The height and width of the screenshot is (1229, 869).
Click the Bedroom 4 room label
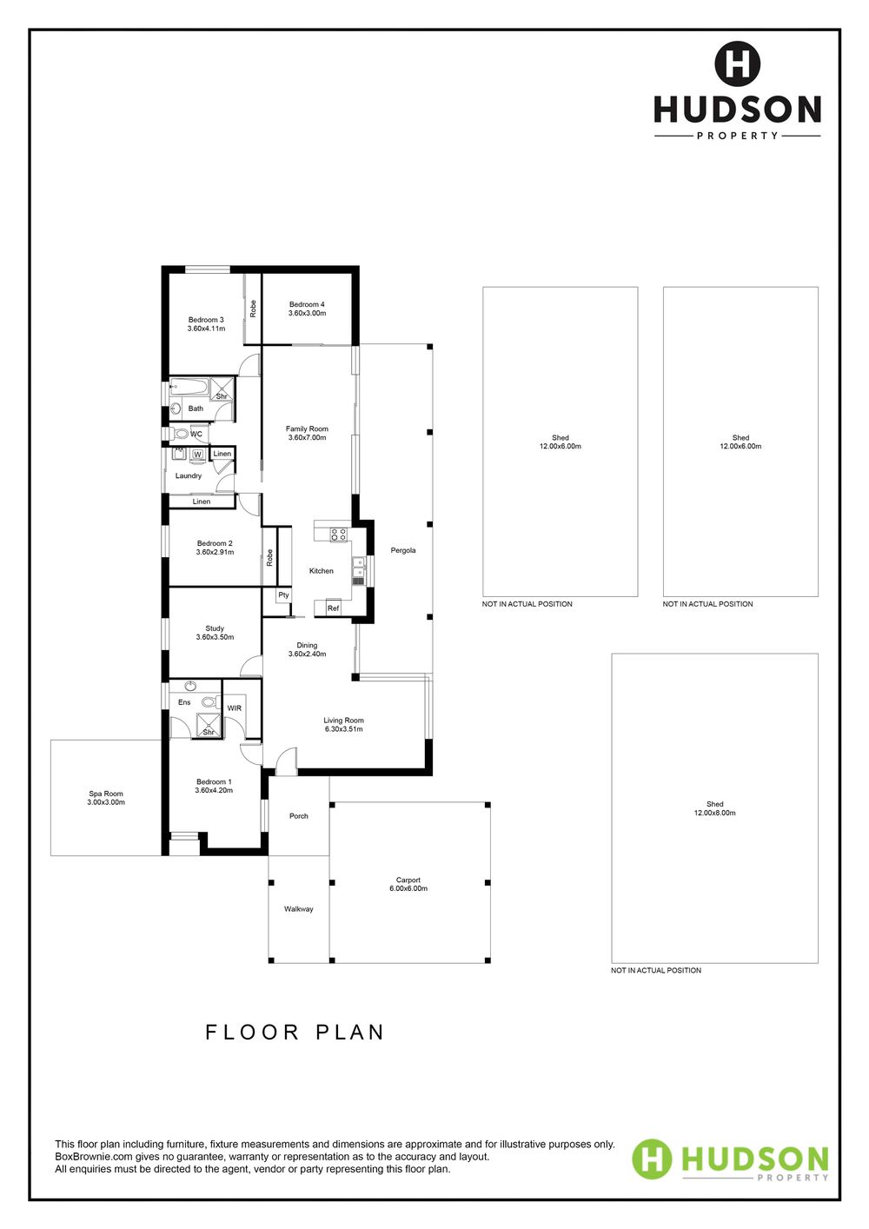tap(307, 304)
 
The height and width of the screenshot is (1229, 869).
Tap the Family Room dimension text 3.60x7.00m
tap(307, 438)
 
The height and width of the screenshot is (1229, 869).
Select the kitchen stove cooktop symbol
tap(339, 535)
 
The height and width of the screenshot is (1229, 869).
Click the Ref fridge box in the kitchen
tap(333, 608)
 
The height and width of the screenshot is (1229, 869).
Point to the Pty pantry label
tap(283, 595)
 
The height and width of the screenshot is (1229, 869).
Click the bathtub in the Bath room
tap(189, 388)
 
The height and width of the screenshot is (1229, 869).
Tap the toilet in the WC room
tap(179, 434)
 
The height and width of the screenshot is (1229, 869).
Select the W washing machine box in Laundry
tap(197, 455)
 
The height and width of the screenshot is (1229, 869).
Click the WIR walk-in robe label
tap(235, 708)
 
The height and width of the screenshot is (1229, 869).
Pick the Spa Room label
tap(106, 794)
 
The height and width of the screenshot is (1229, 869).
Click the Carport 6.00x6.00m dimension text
tap(408, 888)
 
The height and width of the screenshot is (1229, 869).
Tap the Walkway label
tap(298, 909)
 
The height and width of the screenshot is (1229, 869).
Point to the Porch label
tap(298, 816)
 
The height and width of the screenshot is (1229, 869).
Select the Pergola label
tap(402, 550)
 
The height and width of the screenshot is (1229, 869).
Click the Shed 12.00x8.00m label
tap(714, 808)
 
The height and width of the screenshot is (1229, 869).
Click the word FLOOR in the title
tap(252, 1032)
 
